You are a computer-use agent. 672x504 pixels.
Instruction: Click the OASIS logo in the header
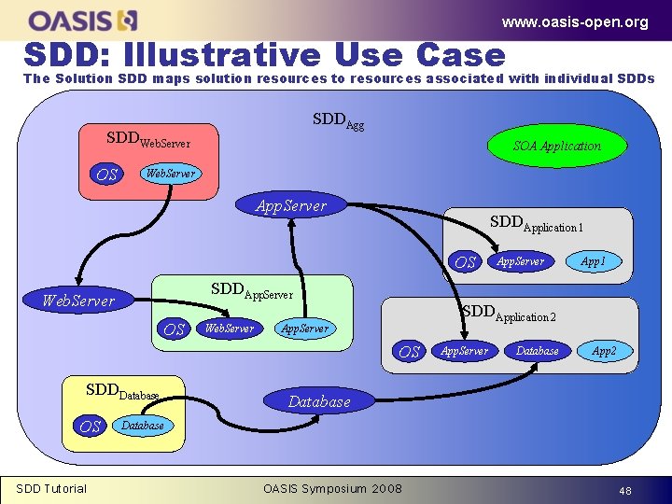83,20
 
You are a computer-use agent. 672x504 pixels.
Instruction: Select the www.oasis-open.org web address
574,22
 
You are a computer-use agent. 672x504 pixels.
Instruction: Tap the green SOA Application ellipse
556,146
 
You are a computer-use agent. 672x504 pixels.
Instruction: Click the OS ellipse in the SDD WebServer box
107,175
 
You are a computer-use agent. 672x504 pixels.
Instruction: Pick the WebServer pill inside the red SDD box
169,174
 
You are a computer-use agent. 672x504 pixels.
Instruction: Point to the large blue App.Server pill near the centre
291,206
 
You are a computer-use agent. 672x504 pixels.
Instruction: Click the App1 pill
593,262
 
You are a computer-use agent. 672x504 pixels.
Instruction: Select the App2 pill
604,351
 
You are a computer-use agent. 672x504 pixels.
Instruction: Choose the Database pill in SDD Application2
538,351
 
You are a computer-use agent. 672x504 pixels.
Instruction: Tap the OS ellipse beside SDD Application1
466,263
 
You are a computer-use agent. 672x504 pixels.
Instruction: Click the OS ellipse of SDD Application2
409,352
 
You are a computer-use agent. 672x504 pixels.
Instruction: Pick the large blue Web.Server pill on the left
79,301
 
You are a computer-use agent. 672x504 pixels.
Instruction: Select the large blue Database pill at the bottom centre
319,401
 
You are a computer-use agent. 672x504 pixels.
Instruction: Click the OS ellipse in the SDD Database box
90,427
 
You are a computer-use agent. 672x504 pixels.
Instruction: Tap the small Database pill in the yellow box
142,426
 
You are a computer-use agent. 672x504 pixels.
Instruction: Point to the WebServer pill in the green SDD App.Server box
229,329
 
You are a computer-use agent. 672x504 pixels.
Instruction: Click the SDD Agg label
338,121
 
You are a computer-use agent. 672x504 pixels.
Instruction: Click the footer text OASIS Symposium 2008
333,489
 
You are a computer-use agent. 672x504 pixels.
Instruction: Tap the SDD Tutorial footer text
51,488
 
